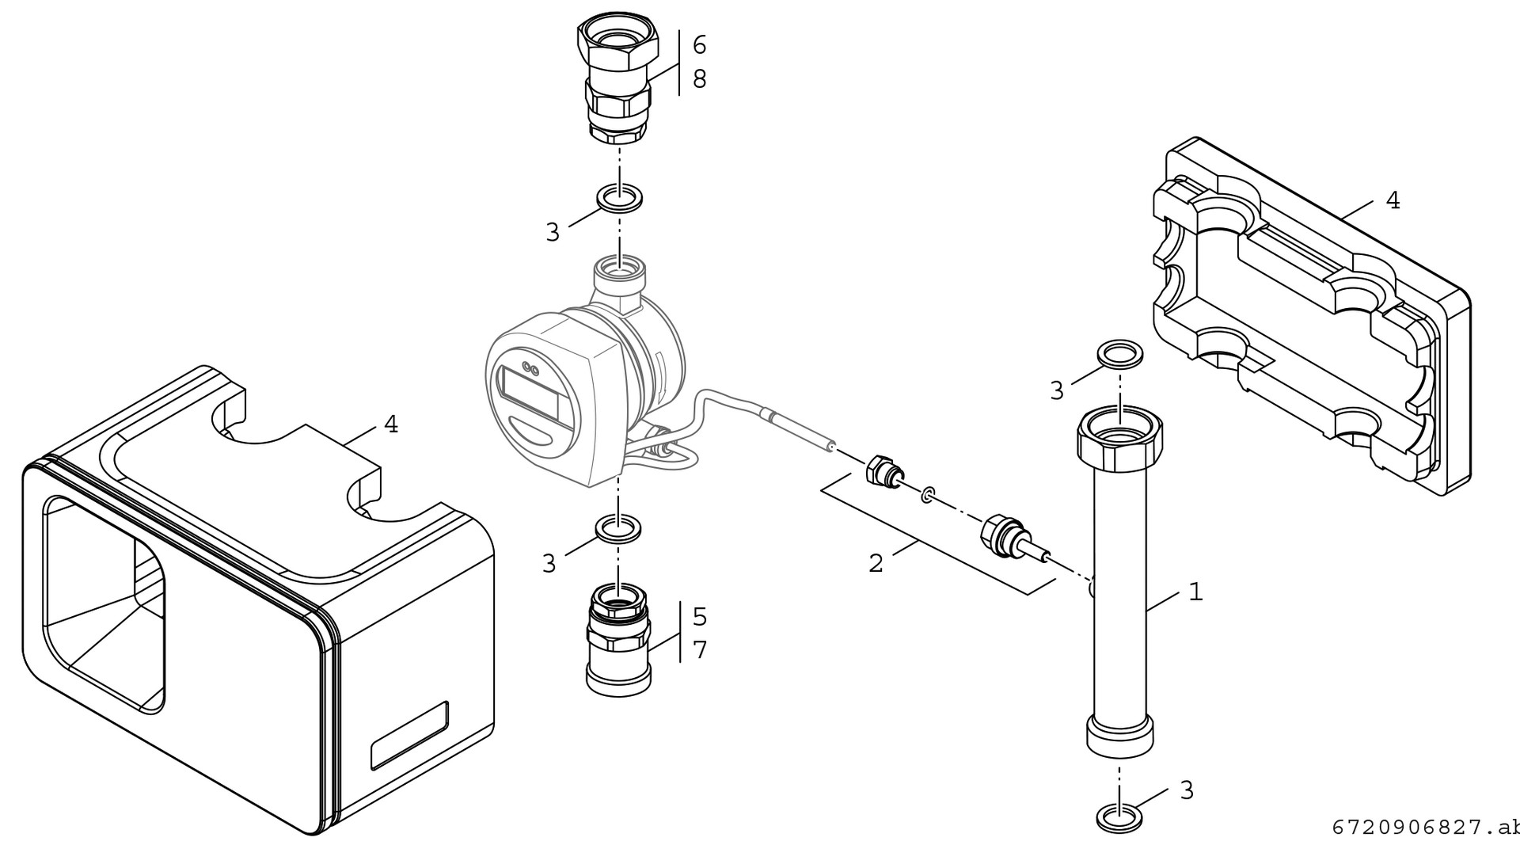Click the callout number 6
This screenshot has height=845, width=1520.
(x=699, y=45)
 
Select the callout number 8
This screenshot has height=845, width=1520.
(x=699, y=79)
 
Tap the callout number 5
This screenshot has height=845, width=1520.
(x=700, y=616)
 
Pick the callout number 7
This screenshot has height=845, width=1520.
(x=700, y=650)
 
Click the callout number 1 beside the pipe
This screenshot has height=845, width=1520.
(x=1195, y=592)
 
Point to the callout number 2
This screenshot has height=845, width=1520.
(x=876, y=564)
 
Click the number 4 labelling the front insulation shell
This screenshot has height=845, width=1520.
(x=390, y=425)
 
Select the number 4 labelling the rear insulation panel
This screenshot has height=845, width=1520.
(x=1393, y=200)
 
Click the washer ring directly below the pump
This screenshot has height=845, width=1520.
(x=618, y=528)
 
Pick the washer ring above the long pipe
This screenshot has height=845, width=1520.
(x=1119, y=355)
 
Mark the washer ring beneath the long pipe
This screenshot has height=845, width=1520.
(x=1119, y=816)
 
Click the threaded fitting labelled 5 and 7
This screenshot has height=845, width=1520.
(x=618, y=641)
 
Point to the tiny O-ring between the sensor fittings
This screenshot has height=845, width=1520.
(x=926, y=497)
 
